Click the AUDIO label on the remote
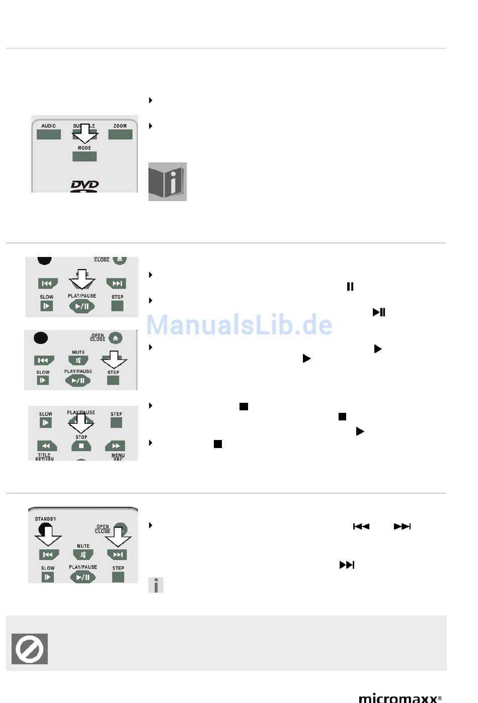(x=49, y=126)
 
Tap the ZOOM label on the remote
(x=120, y=126)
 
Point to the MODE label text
(x=85, y=148)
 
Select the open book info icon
(x=168, y=182)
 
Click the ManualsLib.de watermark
(x=240, y=325)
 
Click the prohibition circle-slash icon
(x=30, y=649)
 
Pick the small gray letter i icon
(x=156, y=585)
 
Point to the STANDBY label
(x=46, y=519)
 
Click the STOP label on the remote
(x=82, y=437)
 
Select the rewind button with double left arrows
(x=46, y=446)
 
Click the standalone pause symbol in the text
(x=350, y=287)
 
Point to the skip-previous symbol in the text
(x=361, y=526)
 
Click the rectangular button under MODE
(x=85, y=156)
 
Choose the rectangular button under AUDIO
(x=49, y=134)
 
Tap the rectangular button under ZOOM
(x=120, y=134)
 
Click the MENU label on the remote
(x=118, y=455)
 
